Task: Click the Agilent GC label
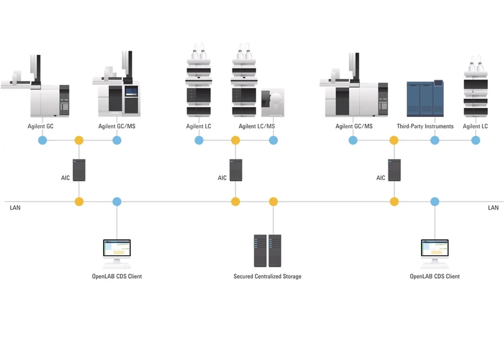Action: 40,126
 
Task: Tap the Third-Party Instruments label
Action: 425,126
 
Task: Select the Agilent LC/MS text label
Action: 257,126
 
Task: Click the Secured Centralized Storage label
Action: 267,276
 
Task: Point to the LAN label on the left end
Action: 15,208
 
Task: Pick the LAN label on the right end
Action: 493,208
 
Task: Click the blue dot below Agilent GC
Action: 42,140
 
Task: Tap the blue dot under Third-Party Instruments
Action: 435,140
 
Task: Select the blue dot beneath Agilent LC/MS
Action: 273,140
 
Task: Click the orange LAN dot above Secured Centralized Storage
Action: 273,202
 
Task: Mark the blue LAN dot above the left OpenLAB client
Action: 117,202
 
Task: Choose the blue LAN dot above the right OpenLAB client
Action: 435,202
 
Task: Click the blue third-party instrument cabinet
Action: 425,99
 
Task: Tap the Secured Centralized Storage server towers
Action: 267,250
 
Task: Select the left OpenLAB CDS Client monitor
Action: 117,252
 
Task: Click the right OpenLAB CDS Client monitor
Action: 435,252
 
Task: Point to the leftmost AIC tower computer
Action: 79,170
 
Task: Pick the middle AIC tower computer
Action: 235,170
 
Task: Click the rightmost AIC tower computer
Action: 394,170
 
